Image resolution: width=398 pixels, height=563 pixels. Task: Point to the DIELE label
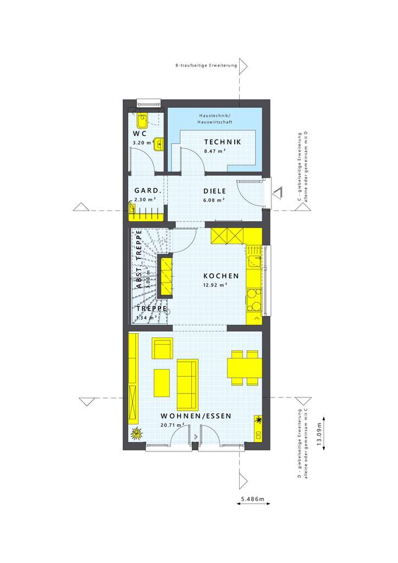tap(214, 191)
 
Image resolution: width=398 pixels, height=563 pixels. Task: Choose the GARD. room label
tap(147, 191)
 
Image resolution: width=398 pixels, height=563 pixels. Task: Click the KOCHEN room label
tap(221, 276)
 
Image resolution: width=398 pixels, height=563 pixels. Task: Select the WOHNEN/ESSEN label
tap(196, 416)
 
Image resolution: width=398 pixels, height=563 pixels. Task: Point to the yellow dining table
tap(244, 366)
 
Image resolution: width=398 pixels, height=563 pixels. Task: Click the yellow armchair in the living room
tap(162, 349)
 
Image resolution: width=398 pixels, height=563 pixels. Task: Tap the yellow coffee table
tap(162, 382)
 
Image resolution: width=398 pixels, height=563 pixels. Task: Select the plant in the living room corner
tap(136, 434)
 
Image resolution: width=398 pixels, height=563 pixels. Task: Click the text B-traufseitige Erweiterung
tap(206, 66)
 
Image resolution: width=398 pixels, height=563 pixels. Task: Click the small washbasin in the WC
tap(158, 143)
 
